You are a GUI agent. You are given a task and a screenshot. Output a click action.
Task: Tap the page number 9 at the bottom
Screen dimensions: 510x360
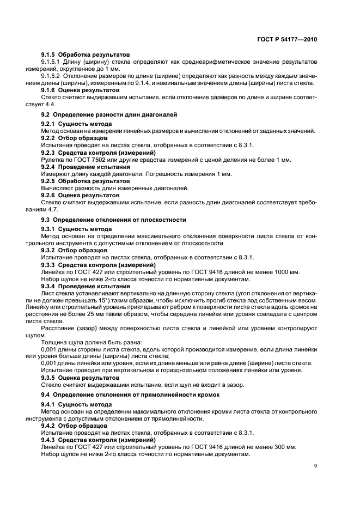[x=315, y=466]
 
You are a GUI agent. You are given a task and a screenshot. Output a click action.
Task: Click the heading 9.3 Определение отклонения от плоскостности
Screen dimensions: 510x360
[x=113, y=220]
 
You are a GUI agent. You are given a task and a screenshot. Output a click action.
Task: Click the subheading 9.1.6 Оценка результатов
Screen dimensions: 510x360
[x=80, y=89]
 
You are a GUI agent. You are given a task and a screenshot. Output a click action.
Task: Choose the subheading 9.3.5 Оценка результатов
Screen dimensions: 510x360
[x=80, y=377]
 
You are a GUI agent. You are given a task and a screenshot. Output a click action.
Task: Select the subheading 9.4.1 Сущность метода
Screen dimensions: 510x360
[x=76, y=404]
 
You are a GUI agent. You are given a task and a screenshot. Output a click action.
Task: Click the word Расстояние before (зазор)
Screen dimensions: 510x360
[x=58, y=328]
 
